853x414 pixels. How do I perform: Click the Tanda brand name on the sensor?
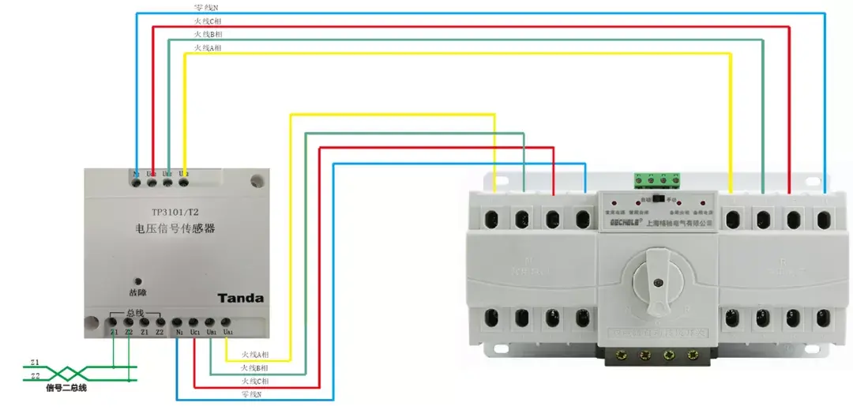[x=240, y=298]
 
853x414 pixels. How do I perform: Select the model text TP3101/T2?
[x=175, y=213]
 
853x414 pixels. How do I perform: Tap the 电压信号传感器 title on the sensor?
[x=175, y=230]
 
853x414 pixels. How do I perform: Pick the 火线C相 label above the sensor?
[x=208, y=21]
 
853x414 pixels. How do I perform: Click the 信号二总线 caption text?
[x=66, y=388]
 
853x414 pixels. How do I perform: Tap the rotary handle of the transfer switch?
[x=655, y=273]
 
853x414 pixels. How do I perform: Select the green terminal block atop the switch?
[x=654, y=179]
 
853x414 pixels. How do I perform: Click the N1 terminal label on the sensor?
[x=179, y=332]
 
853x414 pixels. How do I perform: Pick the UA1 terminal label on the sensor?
[x=227, y=332]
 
